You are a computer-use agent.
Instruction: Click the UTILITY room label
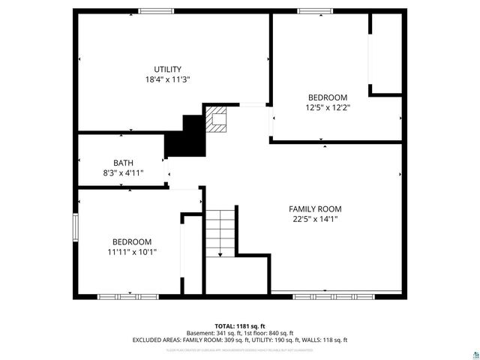[x=167, y=69]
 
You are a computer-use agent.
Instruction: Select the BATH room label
[x=124, y=163]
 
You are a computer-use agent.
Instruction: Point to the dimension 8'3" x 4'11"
[x=124, y=172]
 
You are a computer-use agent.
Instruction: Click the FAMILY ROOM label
[x=315, y=209]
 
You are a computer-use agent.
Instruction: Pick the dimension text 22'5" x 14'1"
[x=315, y=220]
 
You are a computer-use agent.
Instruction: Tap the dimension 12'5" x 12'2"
[x=328, y=107]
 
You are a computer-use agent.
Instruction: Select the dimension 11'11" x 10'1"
[x=132, y=252]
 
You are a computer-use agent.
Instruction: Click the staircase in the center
[x=221, y=232]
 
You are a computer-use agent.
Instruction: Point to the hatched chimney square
[x=217, y=120]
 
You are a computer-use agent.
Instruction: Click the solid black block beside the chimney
[x=186, y=137]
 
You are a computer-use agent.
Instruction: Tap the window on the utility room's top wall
[x=156, y=10]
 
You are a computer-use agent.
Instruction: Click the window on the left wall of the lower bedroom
[x=75, y=226]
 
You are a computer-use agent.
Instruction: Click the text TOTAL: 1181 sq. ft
[x=240, y=326]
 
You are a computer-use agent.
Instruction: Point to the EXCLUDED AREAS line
[x=240, y=340]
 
